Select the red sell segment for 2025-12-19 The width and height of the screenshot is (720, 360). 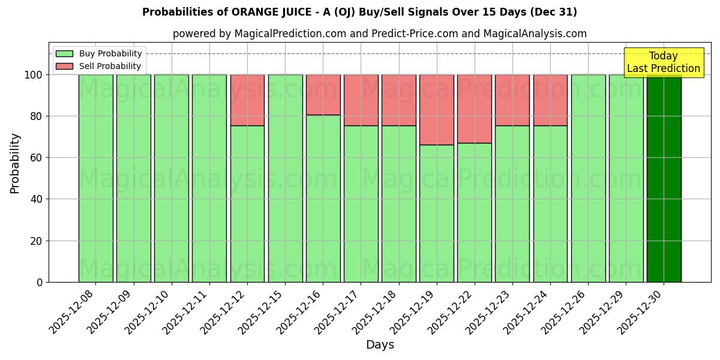tap(436, 110)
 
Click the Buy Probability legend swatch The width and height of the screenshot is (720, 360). tap(64, 53)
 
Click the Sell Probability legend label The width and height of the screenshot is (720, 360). tap(110, 66)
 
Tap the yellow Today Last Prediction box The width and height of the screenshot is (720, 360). tap(663, 62)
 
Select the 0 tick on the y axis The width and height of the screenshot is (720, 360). tap(40, 282)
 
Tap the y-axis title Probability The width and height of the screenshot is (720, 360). tap(15, 163)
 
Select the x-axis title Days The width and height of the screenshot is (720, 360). tap(380, 345)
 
